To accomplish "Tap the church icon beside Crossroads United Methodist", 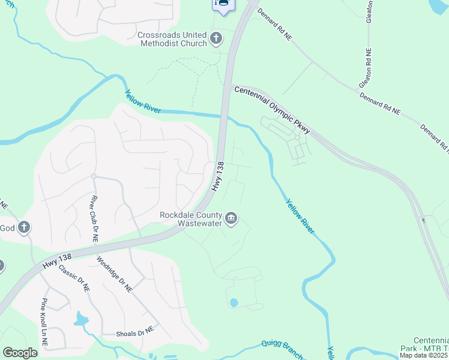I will pos(216,40).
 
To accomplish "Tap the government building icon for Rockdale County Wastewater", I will pos(231,219).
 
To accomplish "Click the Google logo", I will pos(20,353).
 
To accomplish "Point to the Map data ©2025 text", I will pos(424,355).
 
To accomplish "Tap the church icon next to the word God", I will pos(23,227).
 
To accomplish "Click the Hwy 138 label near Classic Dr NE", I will pos(57,261).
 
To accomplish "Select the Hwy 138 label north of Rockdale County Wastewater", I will pos(218,176).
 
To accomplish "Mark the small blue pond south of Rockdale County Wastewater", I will pos(234,303).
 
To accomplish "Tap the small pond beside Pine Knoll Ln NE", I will pos(80,318).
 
